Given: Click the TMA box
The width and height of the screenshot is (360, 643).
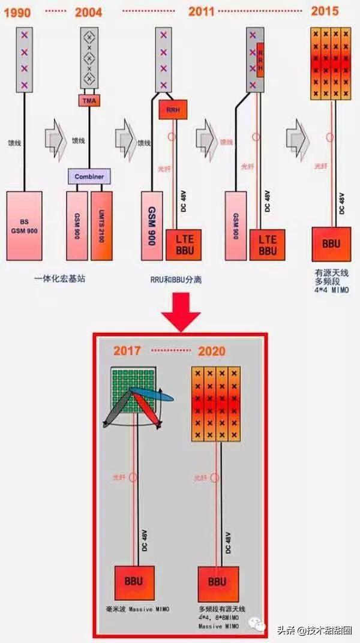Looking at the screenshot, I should pyautogui.click(x=88, y=100).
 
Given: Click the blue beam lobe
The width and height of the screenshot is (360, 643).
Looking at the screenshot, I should pyautogui.click(x=154, y=393).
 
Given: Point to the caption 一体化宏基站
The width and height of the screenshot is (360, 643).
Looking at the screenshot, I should pyautogui.click(x=60, y=278).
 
